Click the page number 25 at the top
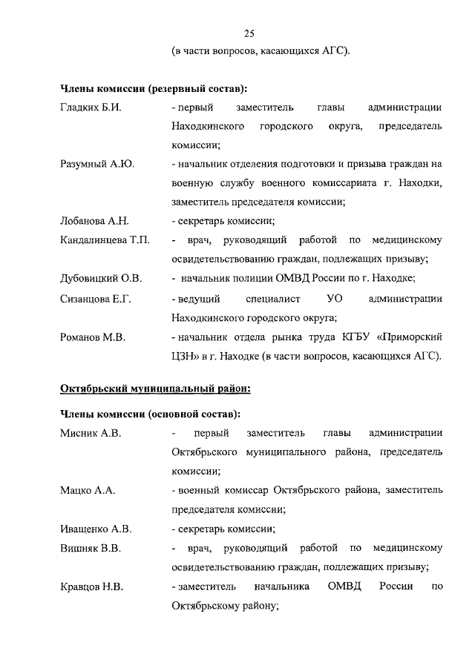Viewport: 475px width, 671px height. click(249, 33)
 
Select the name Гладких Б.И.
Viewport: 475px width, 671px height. click(90, 108)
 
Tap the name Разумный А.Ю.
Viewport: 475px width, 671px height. click(96, 164)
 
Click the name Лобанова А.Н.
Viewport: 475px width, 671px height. click(94, 221)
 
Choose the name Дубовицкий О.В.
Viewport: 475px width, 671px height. click(100, 279)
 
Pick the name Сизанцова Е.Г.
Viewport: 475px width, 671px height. click(95, 298)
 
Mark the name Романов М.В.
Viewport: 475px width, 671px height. click(92, 337)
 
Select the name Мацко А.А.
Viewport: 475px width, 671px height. click(87, 490)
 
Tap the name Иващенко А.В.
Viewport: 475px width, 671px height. click(95, 529)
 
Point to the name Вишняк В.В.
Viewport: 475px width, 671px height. click(90, 548)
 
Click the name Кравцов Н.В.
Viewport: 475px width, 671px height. click(91, 587)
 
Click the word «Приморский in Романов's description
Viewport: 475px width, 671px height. click(411, 337)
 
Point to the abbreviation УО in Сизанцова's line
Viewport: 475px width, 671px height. click(334, 298)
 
